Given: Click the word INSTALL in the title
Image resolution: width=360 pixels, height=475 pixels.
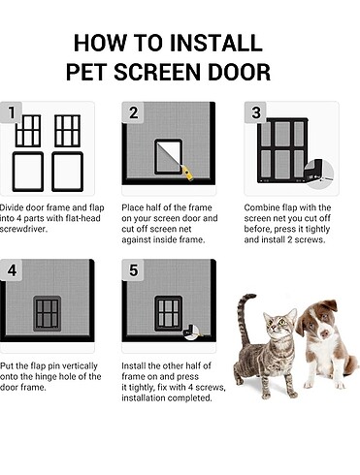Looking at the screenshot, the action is click(x=215, y=43).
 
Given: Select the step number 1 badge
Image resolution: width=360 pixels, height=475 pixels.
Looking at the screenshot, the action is click(x=12, y=112).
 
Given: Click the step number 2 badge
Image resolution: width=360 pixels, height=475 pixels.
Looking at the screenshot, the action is click(x=133, y=112).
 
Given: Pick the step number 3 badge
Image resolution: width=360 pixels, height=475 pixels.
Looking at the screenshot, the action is click(x=255, y=112).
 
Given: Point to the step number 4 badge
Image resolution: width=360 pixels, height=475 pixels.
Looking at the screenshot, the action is click(x=12, y=270).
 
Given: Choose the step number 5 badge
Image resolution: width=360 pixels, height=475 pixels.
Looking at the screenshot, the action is click(x=133, y=270).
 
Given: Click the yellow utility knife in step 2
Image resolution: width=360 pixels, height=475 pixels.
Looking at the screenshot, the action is click(x=187, y=173).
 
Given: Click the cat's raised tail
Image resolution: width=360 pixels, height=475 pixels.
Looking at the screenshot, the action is click(x=245, y=320).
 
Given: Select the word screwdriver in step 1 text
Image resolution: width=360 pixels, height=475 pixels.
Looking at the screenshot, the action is click(x=23, y=229).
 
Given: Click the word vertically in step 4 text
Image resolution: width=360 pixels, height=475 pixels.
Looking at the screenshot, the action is click(x=80, y=365).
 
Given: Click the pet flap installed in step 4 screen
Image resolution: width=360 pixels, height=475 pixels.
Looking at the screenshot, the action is click(x=48, y=313).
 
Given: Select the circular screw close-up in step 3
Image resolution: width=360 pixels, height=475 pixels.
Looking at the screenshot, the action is click(x=319, y=174).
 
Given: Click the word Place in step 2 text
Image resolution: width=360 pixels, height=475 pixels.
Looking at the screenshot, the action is click(x=133, y=207).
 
